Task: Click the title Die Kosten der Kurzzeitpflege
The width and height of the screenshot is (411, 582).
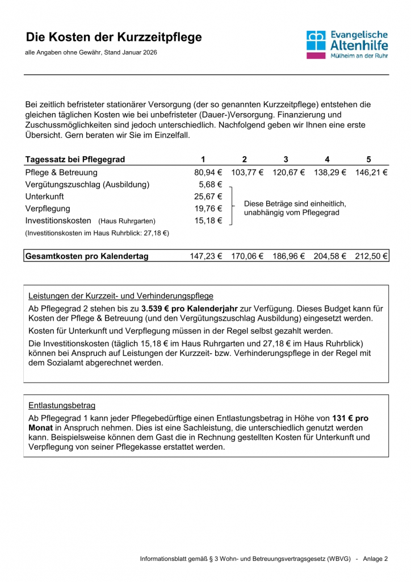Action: pyautogui.click(x=114, y=38)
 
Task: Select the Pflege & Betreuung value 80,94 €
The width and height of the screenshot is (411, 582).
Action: pyautogui.click(x=208, y=172)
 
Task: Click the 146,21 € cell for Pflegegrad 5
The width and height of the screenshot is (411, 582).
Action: pyautogui.click(x=371, y=172)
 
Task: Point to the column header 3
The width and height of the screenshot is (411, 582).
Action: pyautogui.click(x=286, y=159)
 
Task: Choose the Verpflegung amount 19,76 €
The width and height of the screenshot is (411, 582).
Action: pyautogui.click(x=208, y=209)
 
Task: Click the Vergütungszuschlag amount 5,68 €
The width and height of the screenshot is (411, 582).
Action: pyautogui.click(x=210, y=185)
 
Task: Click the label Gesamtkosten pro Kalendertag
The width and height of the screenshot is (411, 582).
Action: pyautogui.click(x=87, y=256)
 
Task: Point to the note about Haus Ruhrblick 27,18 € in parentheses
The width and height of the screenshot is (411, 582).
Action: pyautogui.click(x=97, y=233)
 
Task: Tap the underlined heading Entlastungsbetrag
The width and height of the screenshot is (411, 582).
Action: pyautogui.click(x=62, y=405)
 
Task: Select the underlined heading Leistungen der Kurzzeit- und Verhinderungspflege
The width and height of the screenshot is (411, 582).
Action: pyautogui.click(x=121, y=296)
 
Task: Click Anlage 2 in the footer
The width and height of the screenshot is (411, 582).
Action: pyautogui.click(x=375, y=559)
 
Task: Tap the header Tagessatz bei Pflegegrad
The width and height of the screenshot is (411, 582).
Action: pyautogui.click(x=75, y=159)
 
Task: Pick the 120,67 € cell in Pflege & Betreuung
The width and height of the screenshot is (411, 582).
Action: pyautogui.click(x=288, y=172)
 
